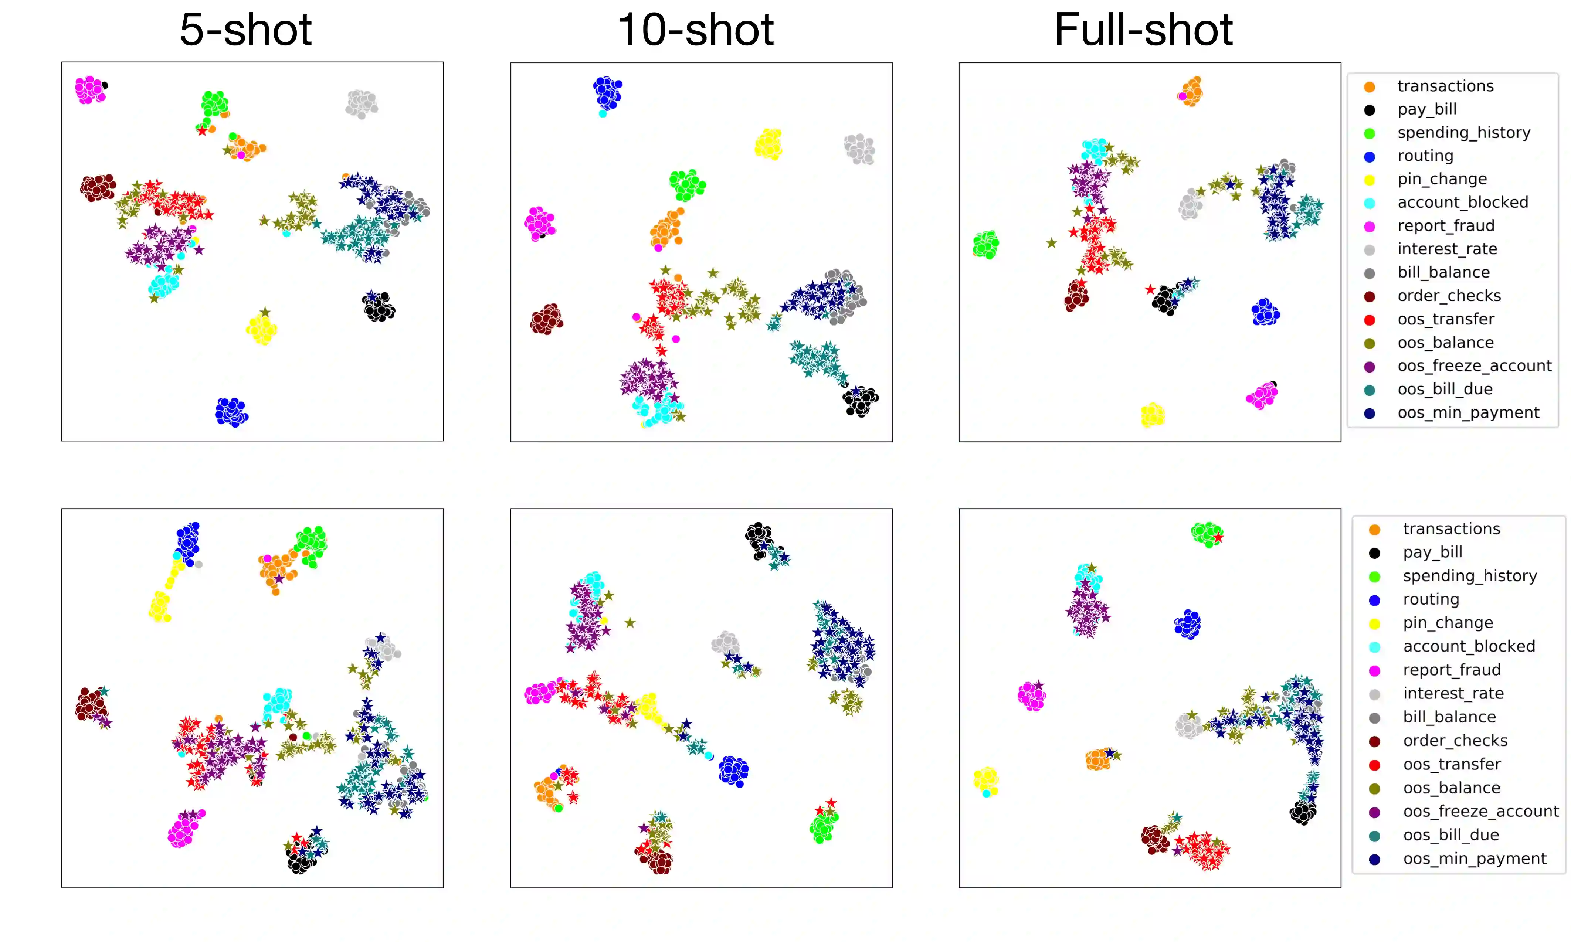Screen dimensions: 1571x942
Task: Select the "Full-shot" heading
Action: (1143, 30)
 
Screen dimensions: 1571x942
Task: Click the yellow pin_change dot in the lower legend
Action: (1374, 623)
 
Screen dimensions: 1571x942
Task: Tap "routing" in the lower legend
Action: (1431, 599)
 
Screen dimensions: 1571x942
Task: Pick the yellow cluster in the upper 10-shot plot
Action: (768, 144)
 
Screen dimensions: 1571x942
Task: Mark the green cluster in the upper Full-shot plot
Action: (986, 244)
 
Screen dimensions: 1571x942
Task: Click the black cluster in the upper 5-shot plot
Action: (379, 307)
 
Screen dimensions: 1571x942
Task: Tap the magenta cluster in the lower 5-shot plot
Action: (184, 829)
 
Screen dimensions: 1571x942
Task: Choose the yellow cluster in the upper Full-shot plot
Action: (1152, 415)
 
